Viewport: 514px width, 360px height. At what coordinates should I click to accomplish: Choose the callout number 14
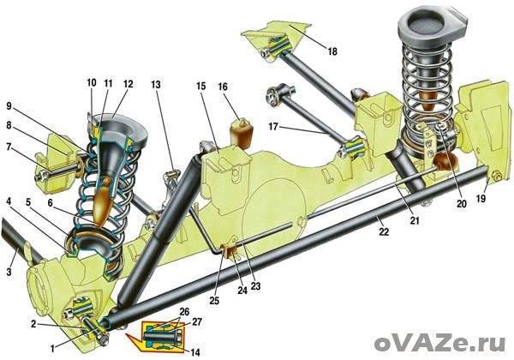[195, 351]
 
